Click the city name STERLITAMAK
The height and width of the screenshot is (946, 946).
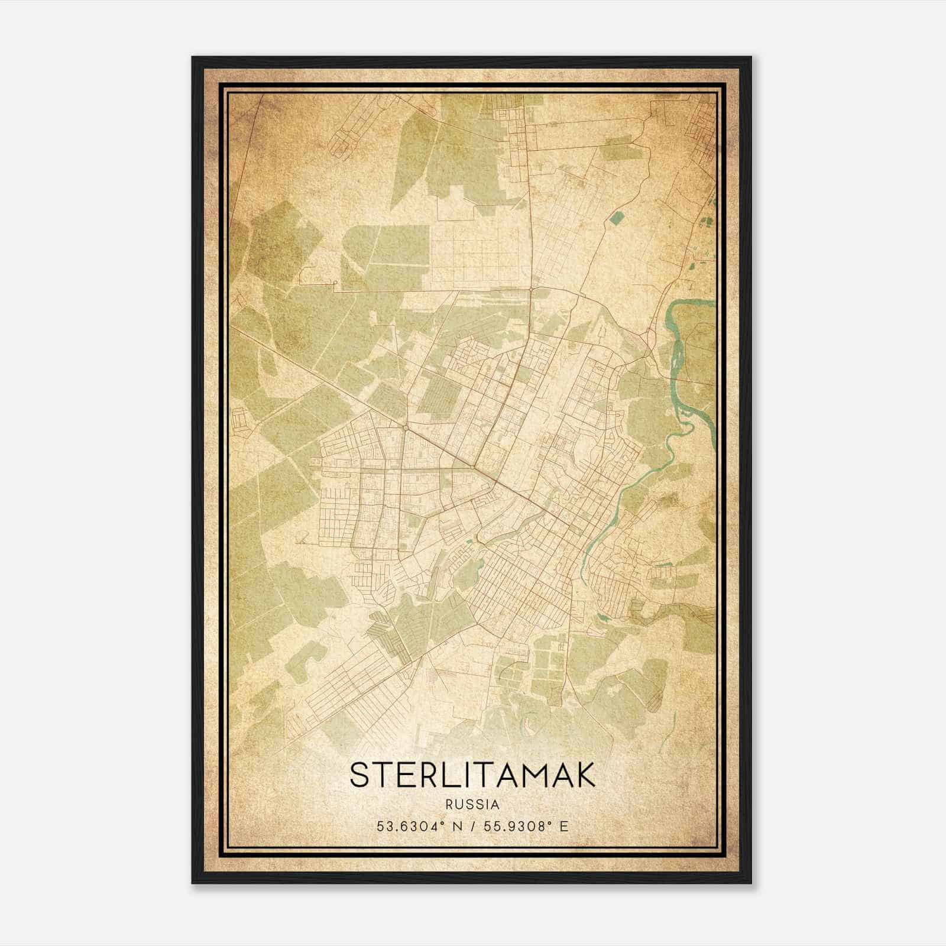click(x=472, y=775)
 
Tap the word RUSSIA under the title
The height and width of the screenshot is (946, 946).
click(x=472, y=805)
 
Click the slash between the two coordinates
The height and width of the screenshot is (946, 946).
click(x=473, y=827)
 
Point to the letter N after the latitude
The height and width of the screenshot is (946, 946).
click(x=456, y=827)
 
